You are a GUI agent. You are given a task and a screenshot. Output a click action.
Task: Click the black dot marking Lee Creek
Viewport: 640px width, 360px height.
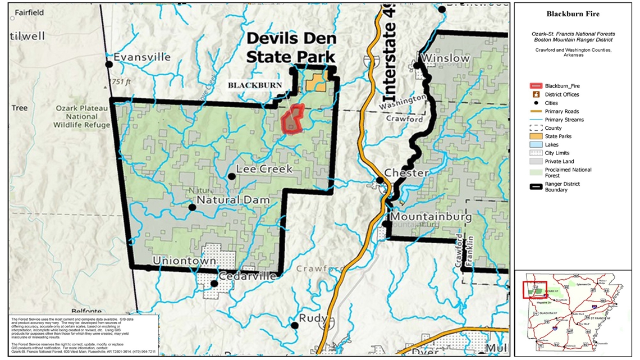[231, 176]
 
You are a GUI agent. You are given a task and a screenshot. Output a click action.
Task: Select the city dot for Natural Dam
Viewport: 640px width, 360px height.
[192, 207]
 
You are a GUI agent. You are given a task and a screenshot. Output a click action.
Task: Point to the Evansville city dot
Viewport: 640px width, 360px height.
[109, 65]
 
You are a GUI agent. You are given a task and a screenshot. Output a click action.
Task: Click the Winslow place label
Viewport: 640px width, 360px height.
[445, 58]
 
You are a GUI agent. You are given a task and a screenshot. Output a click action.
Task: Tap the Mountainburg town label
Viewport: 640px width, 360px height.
[431, 216]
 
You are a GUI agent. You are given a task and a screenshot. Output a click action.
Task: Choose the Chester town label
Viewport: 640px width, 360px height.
[406, 173]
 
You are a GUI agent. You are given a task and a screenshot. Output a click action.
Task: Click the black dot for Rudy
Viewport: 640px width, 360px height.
[294, 325]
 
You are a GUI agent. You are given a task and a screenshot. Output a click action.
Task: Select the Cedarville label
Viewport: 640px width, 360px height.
[248, 276]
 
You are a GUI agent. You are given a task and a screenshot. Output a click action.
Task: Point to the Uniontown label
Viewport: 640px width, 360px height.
[184, 261]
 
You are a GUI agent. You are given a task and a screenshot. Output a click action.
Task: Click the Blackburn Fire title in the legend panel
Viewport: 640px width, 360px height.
[573, 14]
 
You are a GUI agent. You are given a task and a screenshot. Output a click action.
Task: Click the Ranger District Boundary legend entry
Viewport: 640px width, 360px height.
[561, 186]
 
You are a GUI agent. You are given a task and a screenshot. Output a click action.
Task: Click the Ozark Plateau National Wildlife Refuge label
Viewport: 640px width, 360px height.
[83, 116]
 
